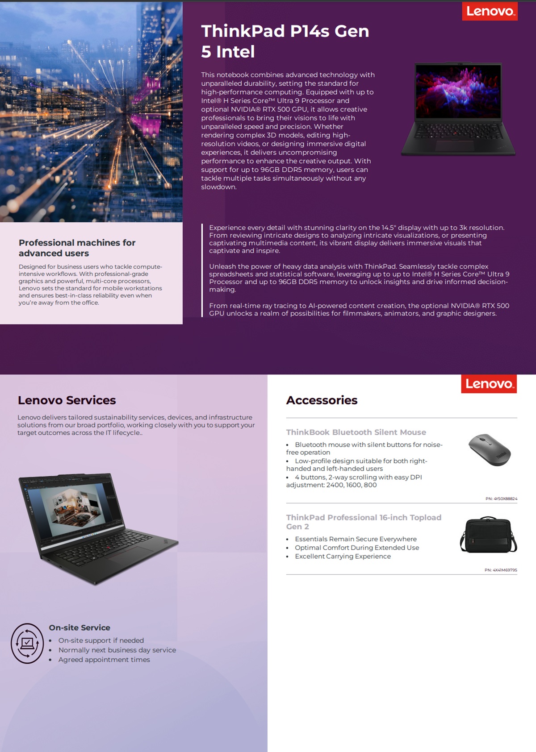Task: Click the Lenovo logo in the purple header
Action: pyautogui.click(x=490, y=11)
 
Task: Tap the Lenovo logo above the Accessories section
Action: pyautogui.click(x=489, y=384)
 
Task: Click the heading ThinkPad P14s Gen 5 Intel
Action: pyautogui.click(x=285, y=41)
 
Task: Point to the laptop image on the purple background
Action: pyautogui.click(x=458, y=109)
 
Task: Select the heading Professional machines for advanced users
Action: pyautogui.click(x=77, y=248)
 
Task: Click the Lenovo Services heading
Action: pyautogui.click(x=67, y=400)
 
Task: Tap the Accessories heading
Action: pyautogui.click(x=322, y=400)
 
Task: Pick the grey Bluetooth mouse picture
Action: pyautogui.click(x=490, y=449)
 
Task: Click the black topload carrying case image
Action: pyautogui.click(x=488, y=535)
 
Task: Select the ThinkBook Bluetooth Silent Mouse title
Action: pyautogui.click(x=356, y=432)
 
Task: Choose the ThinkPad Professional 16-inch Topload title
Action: pyautogui.click(x=364, y=522)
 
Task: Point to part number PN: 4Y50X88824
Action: pyautogui.click(x=501, y=499)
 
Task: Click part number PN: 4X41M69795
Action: pyautogui.click(x=501, y=570)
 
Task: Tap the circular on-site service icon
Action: pyautogui.click(x=27, y=643)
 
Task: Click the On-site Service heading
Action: pyautogui.click(x=80, y=627)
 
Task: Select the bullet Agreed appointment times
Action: pyautogui.click(x=104, y=660)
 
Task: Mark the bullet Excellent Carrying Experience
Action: pyautogui.click(x=343, y=556)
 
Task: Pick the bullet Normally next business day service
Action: pyautogui.click(x=117, y=650)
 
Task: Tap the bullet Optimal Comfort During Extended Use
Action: pyautogui.click(x=357, y=548)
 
